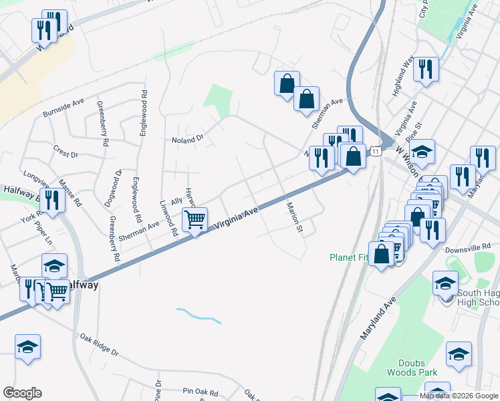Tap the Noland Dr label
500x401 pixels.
coord(187,140)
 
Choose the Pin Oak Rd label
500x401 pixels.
coord(201,390)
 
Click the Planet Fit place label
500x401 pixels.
coord(348,257)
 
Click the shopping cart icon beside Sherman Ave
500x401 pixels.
coord(195,219)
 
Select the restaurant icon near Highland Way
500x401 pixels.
coord(426,69)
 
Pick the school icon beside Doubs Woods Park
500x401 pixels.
coord(459,354)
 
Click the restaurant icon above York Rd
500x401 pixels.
coord(51,199)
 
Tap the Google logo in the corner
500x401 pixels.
coord(22,393)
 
